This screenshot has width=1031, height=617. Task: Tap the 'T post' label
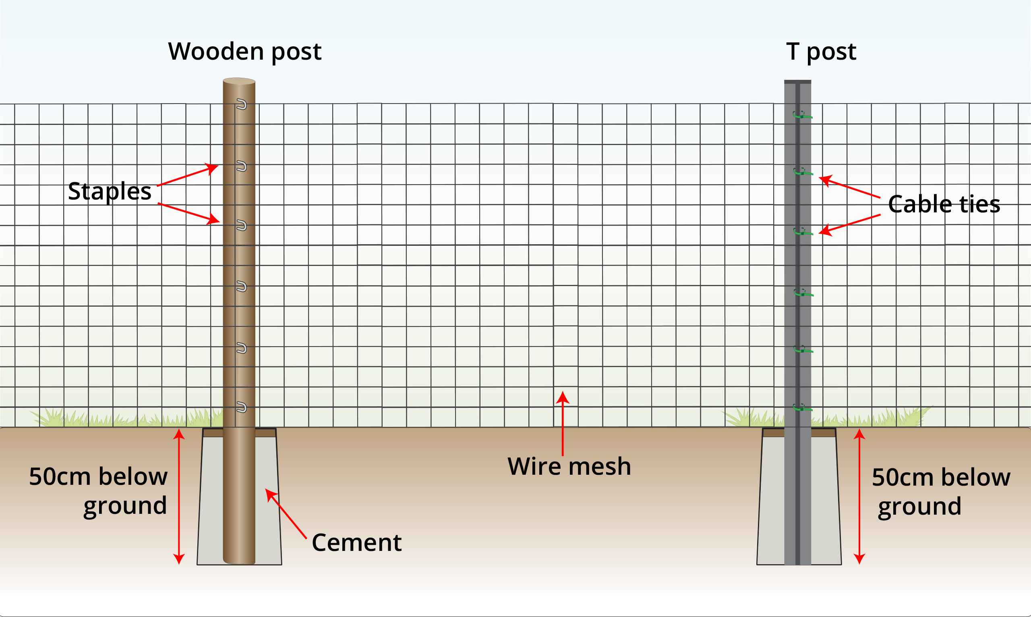click(x=821, y=52)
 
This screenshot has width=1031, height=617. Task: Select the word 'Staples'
click(x=110, y=191)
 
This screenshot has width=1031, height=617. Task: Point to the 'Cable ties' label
click(x=944, y=204)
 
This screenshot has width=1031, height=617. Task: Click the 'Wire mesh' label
click(x=569, y=466)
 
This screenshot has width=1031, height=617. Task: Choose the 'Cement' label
click(x=356, y=542)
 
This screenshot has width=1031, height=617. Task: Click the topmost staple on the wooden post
click(x=241, y=104)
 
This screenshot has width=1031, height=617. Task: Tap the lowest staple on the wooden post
click(x=241, y=407)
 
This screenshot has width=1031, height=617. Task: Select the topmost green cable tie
click(x=802, y=115)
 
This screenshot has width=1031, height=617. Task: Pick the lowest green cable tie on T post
click(x=803, y=408)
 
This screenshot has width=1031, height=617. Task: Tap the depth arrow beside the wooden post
click(x=179, y=497)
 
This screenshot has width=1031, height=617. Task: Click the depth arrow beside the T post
click(x=859, y=497)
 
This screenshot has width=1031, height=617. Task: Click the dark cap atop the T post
click(x=797, y=82)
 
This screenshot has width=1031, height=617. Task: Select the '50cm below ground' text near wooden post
click(x=98, y=491)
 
